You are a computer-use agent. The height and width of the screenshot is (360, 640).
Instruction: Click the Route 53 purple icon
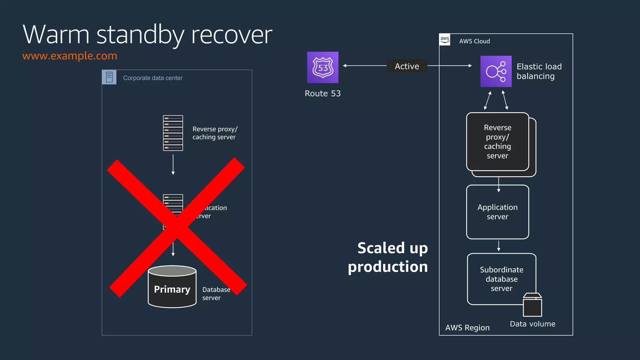(x=322, y=67)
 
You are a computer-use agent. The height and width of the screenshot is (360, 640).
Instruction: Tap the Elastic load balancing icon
(x=496, y=71)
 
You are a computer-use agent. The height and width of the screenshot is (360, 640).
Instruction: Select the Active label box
(x=407, y=66)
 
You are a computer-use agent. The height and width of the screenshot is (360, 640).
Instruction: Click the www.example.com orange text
(x=70, y=56)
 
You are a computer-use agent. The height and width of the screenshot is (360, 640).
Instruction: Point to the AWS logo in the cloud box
(x=445, y=40)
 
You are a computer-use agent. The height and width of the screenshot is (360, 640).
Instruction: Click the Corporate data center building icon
(x=109, y=77)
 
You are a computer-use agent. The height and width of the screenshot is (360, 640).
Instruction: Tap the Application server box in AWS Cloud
(x=497, y=212)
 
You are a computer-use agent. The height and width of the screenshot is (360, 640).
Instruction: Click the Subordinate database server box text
(x=501, y=279)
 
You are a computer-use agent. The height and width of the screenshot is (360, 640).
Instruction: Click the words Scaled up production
(x=388, y=257)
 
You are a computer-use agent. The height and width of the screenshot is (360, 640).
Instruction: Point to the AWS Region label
(x=467, y=327)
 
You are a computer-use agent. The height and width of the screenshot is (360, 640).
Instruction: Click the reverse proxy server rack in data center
(x=173, y=133)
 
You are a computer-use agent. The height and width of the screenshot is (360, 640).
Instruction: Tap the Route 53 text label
(x=322, y=93)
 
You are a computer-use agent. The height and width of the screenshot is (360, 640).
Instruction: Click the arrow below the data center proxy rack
(x=173, y=165)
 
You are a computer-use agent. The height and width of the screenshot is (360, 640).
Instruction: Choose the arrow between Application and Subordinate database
(x=498, y=246)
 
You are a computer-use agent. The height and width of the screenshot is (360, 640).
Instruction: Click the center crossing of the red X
(x=177, y=227)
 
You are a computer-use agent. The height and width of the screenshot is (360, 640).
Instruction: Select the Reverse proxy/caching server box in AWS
(x=497, y=142)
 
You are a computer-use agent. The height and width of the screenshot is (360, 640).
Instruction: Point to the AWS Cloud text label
(x=474, y=41)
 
